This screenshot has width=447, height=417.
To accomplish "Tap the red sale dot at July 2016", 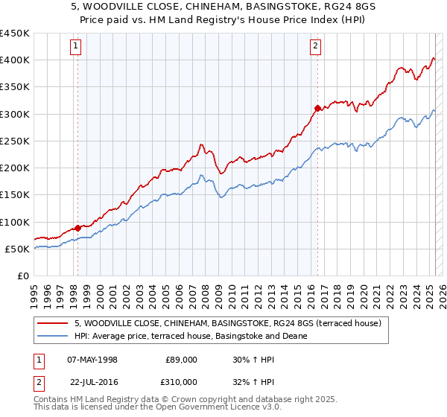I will pyautogui.click(x=317, y=108).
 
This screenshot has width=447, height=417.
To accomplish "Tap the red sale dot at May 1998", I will pyautogui.click(x=77, y=228).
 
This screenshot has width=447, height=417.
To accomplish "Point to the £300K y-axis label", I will pyautogui.click(x=15, y=114).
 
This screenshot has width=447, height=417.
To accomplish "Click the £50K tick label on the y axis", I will pyautogui.click(x=18, y=249).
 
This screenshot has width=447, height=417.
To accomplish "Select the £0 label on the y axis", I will pyautogui.click(x=23, y=276).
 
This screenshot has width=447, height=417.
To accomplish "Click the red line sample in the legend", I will pyautogui.click(x=53, y=323).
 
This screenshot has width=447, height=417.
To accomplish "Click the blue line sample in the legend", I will pyautogui.click(x=53, y=336).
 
